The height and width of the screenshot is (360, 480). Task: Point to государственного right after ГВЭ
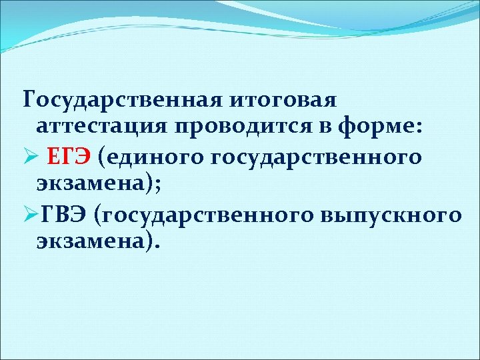point(207,215)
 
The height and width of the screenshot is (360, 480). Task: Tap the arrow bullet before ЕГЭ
point(30,158)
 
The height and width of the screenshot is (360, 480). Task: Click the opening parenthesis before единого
point(101,158)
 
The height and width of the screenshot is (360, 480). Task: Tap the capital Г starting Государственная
point(29,100)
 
